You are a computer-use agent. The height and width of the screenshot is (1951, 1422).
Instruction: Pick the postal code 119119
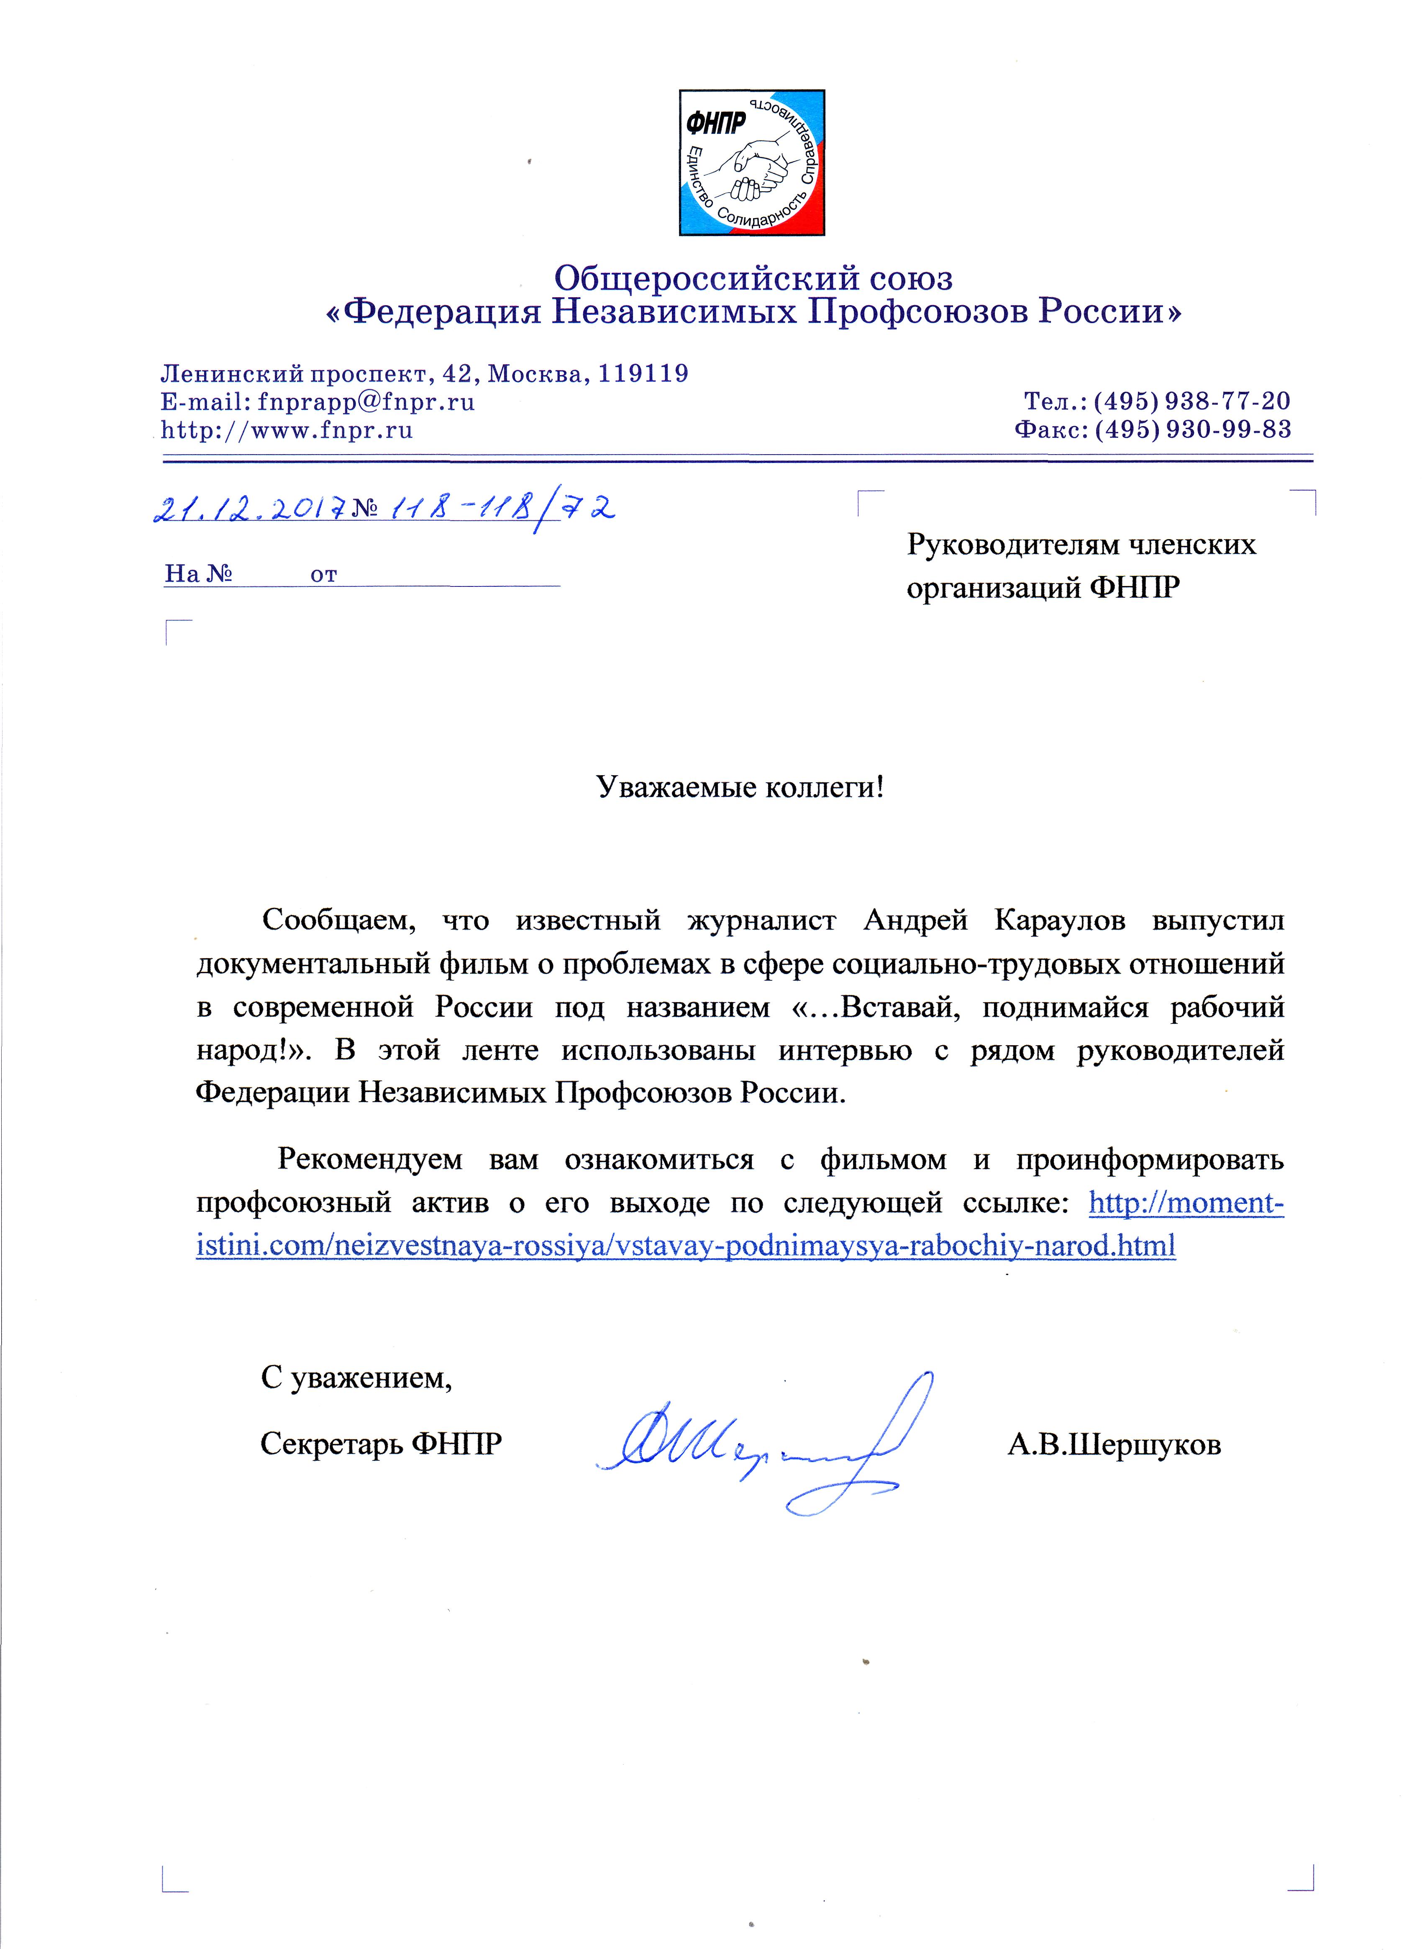coord(643,374)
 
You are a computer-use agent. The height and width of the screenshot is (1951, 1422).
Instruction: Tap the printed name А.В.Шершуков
coord(1114,1444)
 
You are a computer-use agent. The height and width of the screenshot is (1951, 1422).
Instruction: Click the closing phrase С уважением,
coord(356,1378)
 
